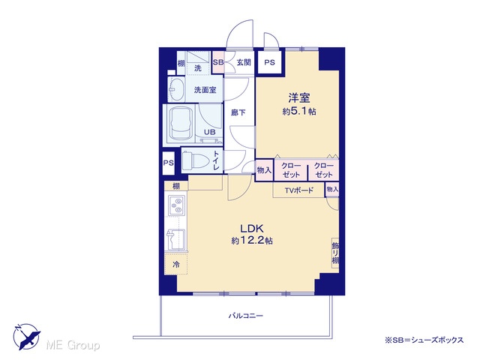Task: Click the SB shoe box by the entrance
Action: pos(218,62)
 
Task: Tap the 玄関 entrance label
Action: pos(244,62)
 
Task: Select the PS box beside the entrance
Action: pos(270,62)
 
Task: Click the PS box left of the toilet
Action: pos(168,163)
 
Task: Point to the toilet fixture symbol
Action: pos(195,160)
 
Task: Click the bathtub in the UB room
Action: pos(182,124)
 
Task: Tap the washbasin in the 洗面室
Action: pos(176,90)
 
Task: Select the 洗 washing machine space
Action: pos(198,63)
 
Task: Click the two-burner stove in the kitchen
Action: pos(177,205)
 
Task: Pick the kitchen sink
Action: pos(177,239)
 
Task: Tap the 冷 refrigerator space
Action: pos(176,263)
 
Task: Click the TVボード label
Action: pos(299,190)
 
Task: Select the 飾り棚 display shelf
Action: pos(335,253)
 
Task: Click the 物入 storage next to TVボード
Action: pos(332,190)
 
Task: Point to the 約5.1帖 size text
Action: pos(299,112)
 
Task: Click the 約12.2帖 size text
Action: pos(252,241)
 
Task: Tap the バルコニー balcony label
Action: pos(246,316)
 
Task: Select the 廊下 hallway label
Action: pos(238,112)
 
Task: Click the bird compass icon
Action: pos(27,337)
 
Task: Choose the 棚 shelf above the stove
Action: pos(176,186)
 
